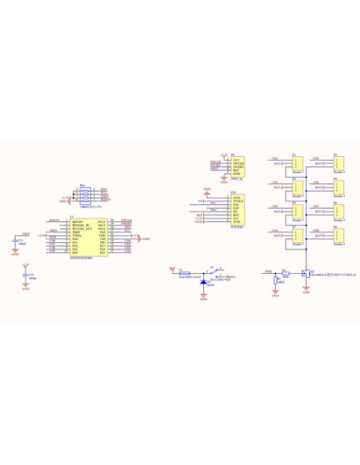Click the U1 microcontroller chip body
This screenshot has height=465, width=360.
(x=90, y=237)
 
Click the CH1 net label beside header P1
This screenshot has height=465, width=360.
(x=274, y=159)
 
